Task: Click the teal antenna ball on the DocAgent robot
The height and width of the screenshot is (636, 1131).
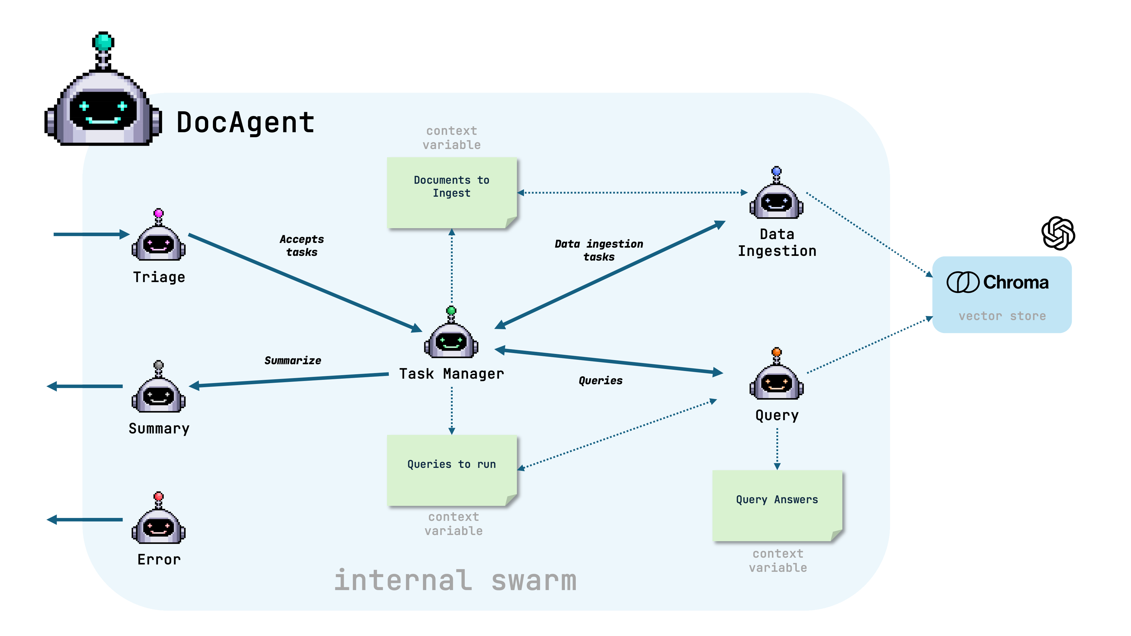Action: [x=104, y=42]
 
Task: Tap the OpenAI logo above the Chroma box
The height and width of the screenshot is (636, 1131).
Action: [x=1058, y=233]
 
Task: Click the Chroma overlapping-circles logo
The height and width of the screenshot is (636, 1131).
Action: [x=963, y=282]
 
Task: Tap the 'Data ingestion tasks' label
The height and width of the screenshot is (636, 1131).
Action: [x=599, y=250]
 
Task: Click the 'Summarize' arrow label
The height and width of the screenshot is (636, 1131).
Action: [x=293, y=361]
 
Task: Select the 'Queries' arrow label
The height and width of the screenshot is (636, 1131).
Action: [x=600, y=380]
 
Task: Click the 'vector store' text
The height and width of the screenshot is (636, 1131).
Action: [x=1002, y=316]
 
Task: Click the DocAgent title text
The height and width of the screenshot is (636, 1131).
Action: [x=245, y=122]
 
